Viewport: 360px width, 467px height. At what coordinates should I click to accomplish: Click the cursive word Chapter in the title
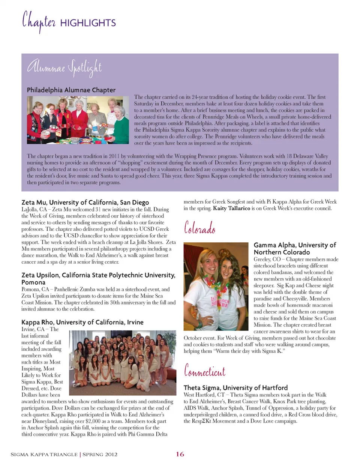(39, 22)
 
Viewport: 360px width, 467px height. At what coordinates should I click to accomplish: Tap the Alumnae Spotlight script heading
(64, 68)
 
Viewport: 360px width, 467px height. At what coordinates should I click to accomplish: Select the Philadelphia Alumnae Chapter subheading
(71, 90)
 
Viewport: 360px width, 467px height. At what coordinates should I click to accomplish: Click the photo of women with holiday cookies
(78, 120)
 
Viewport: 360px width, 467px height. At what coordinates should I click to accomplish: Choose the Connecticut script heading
(204, 371)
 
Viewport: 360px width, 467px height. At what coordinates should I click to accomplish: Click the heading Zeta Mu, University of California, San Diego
(85, 203)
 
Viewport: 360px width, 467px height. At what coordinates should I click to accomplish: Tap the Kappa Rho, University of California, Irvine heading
(82, 322)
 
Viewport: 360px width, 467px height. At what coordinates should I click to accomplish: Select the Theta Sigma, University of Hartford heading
(235, 388)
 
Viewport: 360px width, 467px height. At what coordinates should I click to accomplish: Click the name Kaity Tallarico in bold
(231, 209)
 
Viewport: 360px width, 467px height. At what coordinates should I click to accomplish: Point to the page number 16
(180, 454)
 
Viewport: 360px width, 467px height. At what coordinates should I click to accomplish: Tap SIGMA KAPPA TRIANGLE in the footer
(44, 455)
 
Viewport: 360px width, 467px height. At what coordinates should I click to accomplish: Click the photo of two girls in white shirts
(216, 286)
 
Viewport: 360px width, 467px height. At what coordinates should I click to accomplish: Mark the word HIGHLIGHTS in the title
(88, 23)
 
